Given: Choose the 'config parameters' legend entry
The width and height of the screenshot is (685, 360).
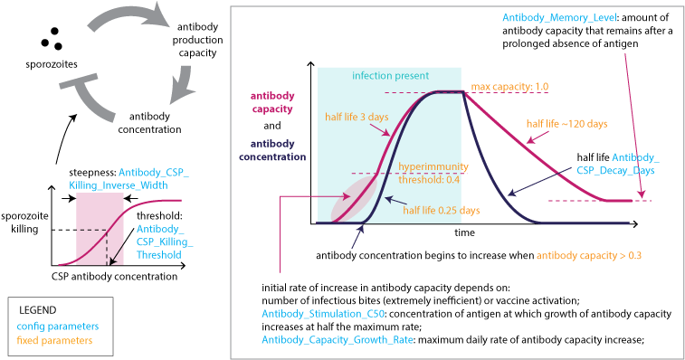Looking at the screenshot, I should click(58, 324).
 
